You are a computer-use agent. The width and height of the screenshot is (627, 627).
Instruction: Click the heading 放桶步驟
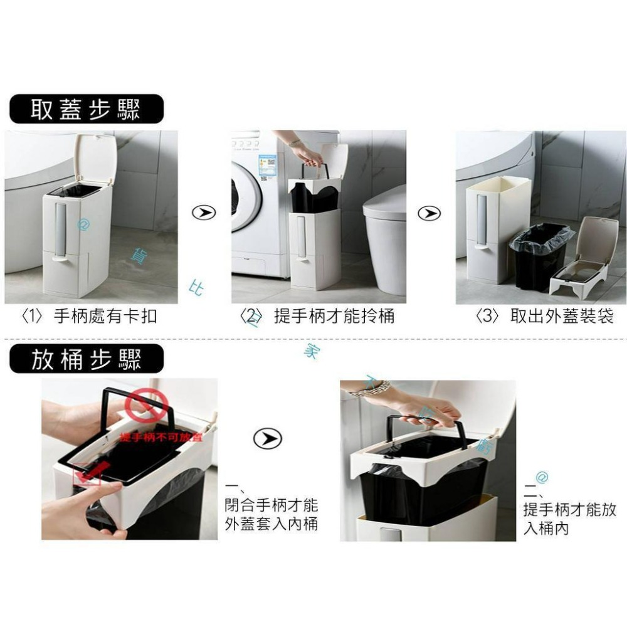86,359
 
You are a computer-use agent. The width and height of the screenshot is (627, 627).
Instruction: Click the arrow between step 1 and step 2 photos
204,213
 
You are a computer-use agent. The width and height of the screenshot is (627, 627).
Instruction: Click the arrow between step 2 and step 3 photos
429,213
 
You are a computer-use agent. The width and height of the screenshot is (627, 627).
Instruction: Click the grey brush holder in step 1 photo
61,229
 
